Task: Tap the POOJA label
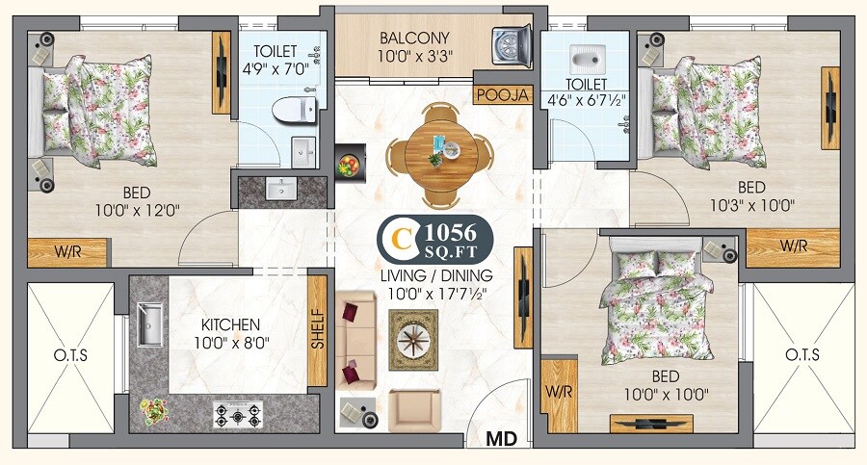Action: click(503, 94)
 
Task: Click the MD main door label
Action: click(501, 439)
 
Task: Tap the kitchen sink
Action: click(150, 324)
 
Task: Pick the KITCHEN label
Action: click(230, 324)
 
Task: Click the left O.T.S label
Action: click(70, 355)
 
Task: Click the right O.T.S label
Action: click(801, 355)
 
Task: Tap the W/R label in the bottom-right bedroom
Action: click(559, 393)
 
